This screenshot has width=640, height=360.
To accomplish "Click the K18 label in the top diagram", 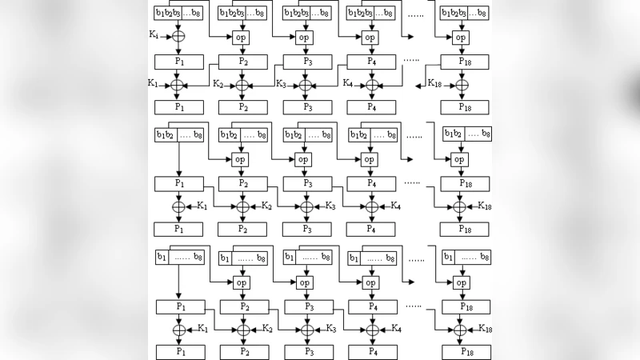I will coord(434,83).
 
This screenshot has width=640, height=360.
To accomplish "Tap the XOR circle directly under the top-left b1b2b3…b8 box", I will coord(178,37).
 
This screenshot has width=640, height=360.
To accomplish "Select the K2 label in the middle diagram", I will coord(267,206).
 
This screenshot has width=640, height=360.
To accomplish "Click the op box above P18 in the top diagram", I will coord(459,38).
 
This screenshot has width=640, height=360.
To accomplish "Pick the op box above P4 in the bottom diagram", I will coord(371,282).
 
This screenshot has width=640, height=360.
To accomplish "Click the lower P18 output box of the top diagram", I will coord(465,106).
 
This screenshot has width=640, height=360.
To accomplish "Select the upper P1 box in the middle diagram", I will coord(179,184).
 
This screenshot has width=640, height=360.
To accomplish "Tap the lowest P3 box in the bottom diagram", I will coord(306,351).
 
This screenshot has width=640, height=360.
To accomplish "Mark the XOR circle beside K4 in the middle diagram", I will coord(371,207).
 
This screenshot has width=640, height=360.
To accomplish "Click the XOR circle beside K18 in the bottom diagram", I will coord(459,330).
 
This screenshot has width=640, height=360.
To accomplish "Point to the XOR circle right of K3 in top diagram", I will coord(305,85).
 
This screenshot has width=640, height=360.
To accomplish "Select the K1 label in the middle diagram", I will coord(202,206).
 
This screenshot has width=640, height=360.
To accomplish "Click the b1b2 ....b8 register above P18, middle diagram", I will coord(467,134).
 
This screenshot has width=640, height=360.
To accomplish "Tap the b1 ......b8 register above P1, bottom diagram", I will coord(179,257).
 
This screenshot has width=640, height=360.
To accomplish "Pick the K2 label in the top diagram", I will coord(218,83).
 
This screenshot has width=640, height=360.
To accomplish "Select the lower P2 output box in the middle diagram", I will coord(243,229).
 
